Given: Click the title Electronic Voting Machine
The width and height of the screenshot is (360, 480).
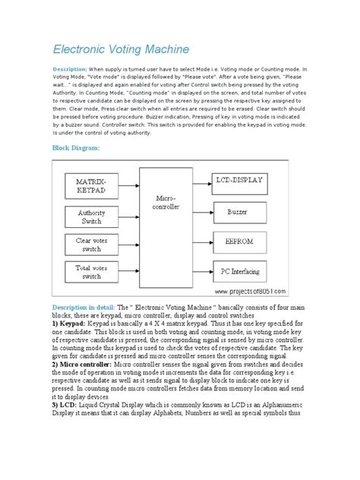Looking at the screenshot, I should pos(121,49).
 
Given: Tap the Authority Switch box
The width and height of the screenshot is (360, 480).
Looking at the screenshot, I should pos(91,217).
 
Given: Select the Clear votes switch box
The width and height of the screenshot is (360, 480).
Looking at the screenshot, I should pos(91,245).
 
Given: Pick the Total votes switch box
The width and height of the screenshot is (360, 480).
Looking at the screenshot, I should pos(91,272).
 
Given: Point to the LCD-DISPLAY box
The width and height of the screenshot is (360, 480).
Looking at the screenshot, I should pos(239,180).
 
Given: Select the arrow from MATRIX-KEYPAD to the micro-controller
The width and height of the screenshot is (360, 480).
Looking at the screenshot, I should pos(128,185).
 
